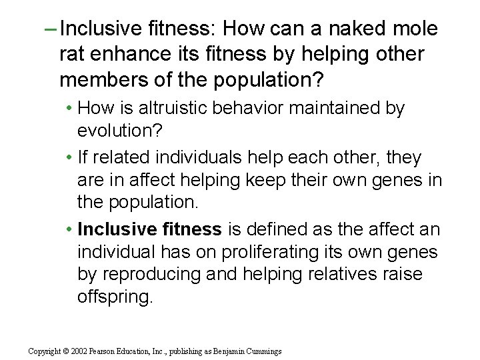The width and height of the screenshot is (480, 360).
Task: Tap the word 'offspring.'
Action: click(115, 296)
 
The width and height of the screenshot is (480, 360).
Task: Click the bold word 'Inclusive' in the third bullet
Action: click(117, 229)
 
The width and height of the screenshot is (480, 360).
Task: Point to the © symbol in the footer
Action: click(68, 351)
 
